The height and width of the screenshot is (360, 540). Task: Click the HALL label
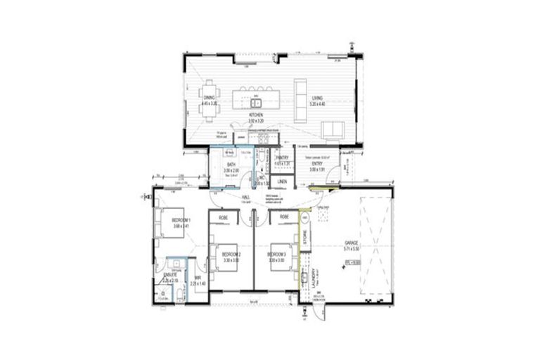pyautogui.click(x=246, y=198)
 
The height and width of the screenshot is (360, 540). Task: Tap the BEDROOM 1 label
pyautogui.click(x=181, y=221)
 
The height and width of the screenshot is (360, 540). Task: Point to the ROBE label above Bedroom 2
pyautogui.click(x=224, y=218)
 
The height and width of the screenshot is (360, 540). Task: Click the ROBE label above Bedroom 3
pyautogui.click(x=285, y=218)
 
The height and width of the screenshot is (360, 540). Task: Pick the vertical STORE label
pyautogui.click(x=305, y=240)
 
